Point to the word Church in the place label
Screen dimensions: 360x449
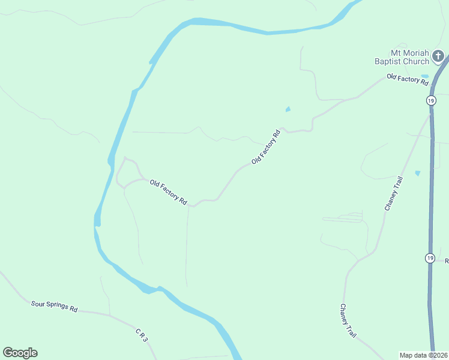point(417,61)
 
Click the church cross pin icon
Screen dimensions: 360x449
point(439,57)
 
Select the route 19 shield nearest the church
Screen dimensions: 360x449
point(431,100)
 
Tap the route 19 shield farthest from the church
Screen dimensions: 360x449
point(430,258)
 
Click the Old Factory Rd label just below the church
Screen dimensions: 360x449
point(403,79)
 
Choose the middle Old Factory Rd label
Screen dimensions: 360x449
point(266,147)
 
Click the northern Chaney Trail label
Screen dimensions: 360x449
point(392,193)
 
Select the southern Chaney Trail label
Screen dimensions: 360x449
point(348,322)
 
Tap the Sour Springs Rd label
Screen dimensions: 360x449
point(55,306)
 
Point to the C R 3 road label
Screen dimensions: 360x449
point(141,335)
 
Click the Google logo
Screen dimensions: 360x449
point(20,353)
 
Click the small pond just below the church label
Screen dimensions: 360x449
point(425,76)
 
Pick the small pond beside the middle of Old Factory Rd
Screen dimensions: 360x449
point(288,109)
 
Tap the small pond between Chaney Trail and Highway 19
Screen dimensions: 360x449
point(417,173)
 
